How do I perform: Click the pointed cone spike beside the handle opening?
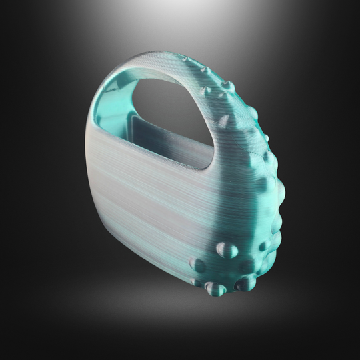coord(225,121)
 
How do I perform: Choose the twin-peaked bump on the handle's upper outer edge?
coord(227,86)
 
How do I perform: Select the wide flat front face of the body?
coord(153,200)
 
